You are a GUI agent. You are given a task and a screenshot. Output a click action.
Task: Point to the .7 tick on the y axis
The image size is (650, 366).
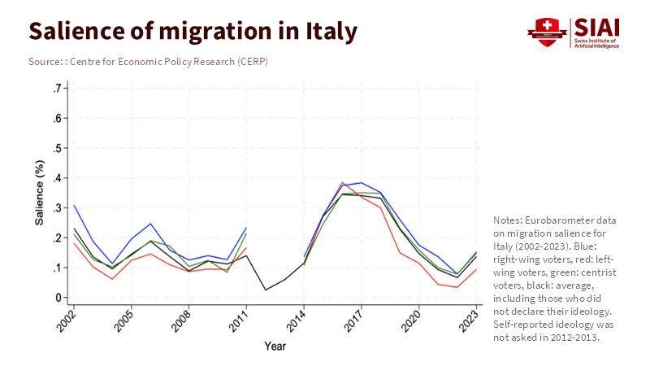(x=57, y=88)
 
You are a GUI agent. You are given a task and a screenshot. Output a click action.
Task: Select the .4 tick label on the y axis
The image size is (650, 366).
(x=57, y=178)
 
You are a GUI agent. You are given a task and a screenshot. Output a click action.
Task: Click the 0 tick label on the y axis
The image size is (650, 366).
(x=59, y=298)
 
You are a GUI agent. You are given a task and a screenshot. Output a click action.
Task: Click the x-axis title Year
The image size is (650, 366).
(x=275, y=346)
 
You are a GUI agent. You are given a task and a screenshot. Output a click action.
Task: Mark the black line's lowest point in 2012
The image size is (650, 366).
(x=265, y=290)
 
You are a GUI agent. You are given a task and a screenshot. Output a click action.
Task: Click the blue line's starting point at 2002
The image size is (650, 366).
(x=74, y=205)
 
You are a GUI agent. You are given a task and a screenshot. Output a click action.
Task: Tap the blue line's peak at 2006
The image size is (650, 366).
(x=150, y=224)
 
